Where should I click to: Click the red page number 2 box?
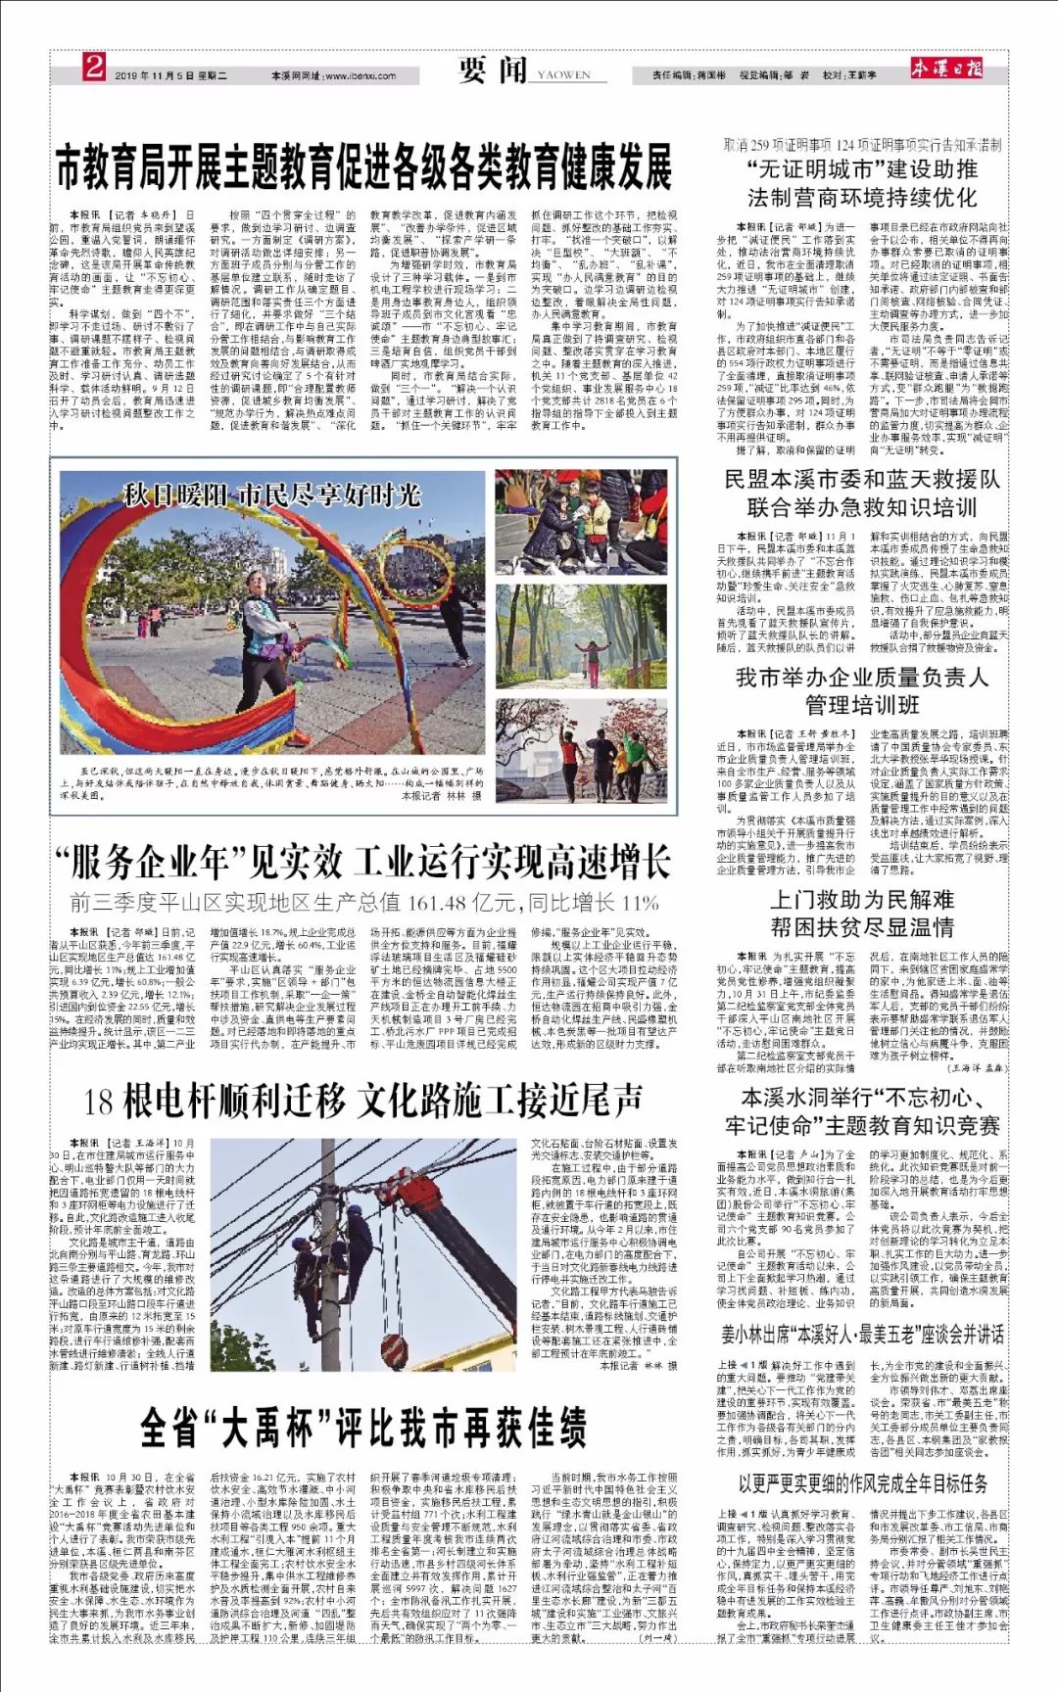(x=93, y=69)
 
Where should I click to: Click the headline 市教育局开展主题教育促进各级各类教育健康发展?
(x=364, y=166)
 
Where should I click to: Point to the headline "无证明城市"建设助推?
(x=861, y=169)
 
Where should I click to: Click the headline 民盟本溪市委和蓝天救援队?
(x=861, y=480)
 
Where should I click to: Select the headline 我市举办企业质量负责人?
(x=861, y=678)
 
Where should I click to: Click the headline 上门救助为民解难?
(x=861, y=900)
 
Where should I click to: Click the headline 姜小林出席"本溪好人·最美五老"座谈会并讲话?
(x=861, y=1334)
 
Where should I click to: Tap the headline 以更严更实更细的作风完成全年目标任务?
(x=861, y=1483)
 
